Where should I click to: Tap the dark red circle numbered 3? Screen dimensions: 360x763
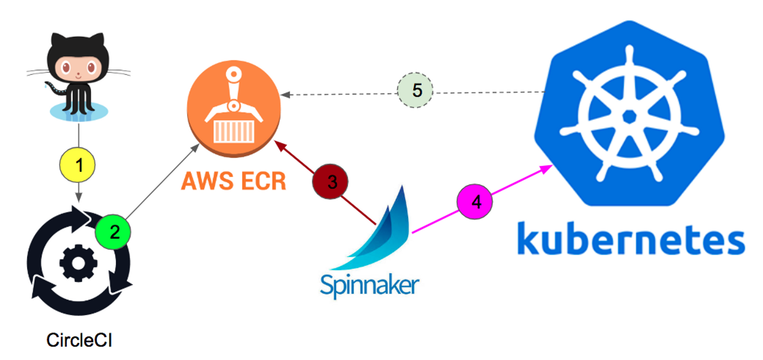pos(332,182)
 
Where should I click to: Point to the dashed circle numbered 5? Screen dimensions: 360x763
pos(416,91)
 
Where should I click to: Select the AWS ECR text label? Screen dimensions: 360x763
pos(234,181)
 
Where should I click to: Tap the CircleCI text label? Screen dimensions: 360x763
pos(79,340)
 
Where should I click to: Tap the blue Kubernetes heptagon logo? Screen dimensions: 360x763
pos(629,114)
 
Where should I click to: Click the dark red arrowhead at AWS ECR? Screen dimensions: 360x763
pos(278,145)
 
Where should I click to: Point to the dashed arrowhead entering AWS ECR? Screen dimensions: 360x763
pos(285,95)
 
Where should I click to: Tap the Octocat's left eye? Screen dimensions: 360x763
pos(67,68)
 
